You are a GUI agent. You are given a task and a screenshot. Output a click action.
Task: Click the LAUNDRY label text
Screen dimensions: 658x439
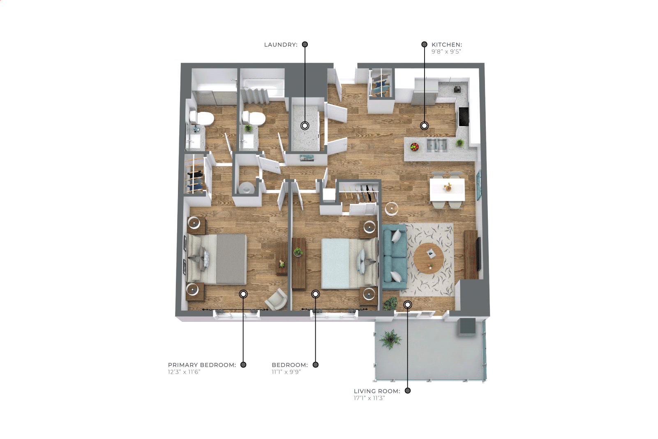[281, 45]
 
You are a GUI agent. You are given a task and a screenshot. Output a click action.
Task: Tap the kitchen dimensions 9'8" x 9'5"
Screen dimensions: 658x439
[446, 51]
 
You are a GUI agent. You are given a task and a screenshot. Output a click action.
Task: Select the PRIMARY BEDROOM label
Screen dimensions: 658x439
[202, 365]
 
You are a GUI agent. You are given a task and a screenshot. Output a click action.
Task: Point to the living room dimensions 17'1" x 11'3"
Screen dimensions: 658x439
[369, 398]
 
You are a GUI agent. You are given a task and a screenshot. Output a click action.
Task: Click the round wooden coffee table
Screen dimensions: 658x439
[429, 258]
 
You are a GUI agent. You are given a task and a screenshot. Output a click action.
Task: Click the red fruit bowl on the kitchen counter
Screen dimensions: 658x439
[414, 147]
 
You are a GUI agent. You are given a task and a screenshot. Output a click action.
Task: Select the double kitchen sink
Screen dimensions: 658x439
[437, 146]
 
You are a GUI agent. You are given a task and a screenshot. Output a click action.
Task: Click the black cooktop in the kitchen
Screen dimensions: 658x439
[464, 117]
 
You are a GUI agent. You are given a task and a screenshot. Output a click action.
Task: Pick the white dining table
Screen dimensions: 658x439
[447, 189]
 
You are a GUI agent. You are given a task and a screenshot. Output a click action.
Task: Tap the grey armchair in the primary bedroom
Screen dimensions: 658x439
[276, 299]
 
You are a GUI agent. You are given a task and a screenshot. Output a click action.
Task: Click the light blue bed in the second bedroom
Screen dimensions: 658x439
[350, 263]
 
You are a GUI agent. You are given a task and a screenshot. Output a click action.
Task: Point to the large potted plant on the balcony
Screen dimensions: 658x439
[390, 340]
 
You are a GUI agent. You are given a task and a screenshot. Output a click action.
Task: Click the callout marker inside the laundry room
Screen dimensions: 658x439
[305, 126]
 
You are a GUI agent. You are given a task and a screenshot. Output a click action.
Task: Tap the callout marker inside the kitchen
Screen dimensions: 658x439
[424, 126]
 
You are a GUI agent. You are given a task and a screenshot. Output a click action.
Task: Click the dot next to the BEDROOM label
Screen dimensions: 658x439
[316, 365]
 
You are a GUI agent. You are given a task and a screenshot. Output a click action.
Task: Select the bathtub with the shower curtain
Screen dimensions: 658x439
[262, 88]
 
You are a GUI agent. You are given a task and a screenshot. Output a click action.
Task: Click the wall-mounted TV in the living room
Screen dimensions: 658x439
[478, 254]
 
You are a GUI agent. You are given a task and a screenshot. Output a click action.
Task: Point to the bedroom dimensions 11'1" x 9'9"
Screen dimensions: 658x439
[286, 372]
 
